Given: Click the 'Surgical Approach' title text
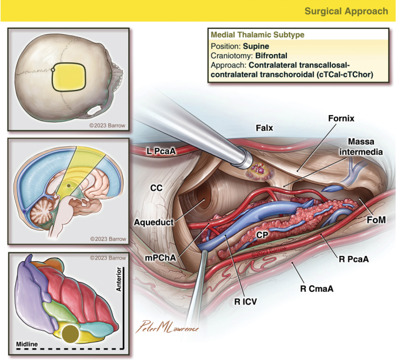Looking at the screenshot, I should [x=346, y=11].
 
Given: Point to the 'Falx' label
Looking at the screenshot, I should [x=265, y=127].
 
